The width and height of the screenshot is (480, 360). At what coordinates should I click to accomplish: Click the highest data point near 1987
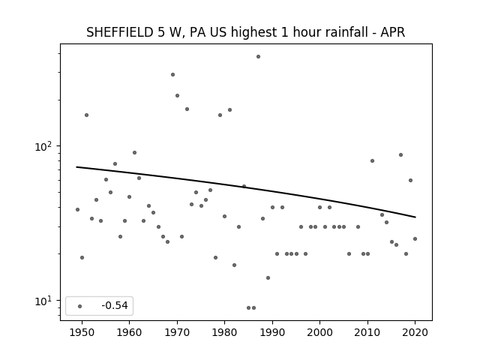(x=258, y=57)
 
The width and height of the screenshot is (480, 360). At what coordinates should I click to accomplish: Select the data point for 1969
(x=172, y=75)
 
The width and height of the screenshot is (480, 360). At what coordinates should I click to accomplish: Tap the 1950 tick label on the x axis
(x=82, y=333)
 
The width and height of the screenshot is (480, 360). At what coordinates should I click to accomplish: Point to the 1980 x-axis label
(x=224, y=333)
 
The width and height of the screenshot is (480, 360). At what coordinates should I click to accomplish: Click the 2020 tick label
(x=415, y=333)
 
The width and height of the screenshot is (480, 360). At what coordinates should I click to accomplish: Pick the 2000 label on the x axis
(x=320, y=333)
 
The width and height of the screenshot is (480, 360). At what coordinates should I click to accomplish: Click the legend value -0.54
(x=115, y=305)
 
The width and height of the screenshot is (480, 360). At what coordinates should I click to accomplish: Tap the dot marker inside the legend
(x=80, y=306)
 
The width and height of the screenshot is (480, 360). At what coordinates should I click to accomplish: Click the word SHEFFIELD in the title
(x=120, y=32)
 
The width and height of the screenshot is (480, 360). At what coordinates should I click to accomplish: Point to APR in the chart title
(x=393, y=32)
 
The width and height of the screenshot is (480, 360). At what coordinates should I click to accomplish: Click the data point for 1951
(x=87, y=115)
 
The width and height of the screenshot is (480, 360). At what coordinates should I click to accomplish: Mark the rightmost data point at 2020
(x=415, y=238)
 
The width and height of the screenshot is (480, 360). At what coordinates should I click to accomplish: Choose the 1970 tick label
(x=177, y=333)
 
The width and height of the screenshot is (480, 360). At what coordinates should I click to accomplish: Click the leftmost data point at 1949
(x=77, y=210)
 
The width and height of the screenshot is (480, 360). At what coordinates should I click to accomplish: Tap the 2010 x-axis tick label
(x=367, y=333)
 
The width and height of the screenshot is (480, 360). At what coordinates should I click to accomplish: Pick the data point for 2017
(x=400, y=155)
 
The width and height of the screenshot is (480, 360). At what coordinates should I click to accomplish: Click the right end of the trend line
(x=415, y=217)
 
